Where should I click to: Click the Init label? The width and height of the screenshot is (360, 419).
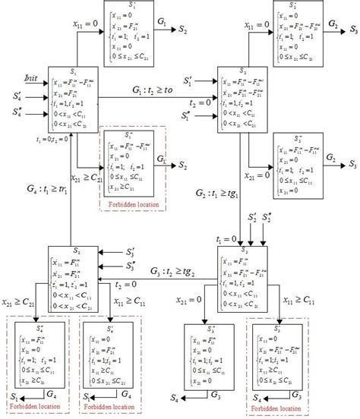tap(30, 77)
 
